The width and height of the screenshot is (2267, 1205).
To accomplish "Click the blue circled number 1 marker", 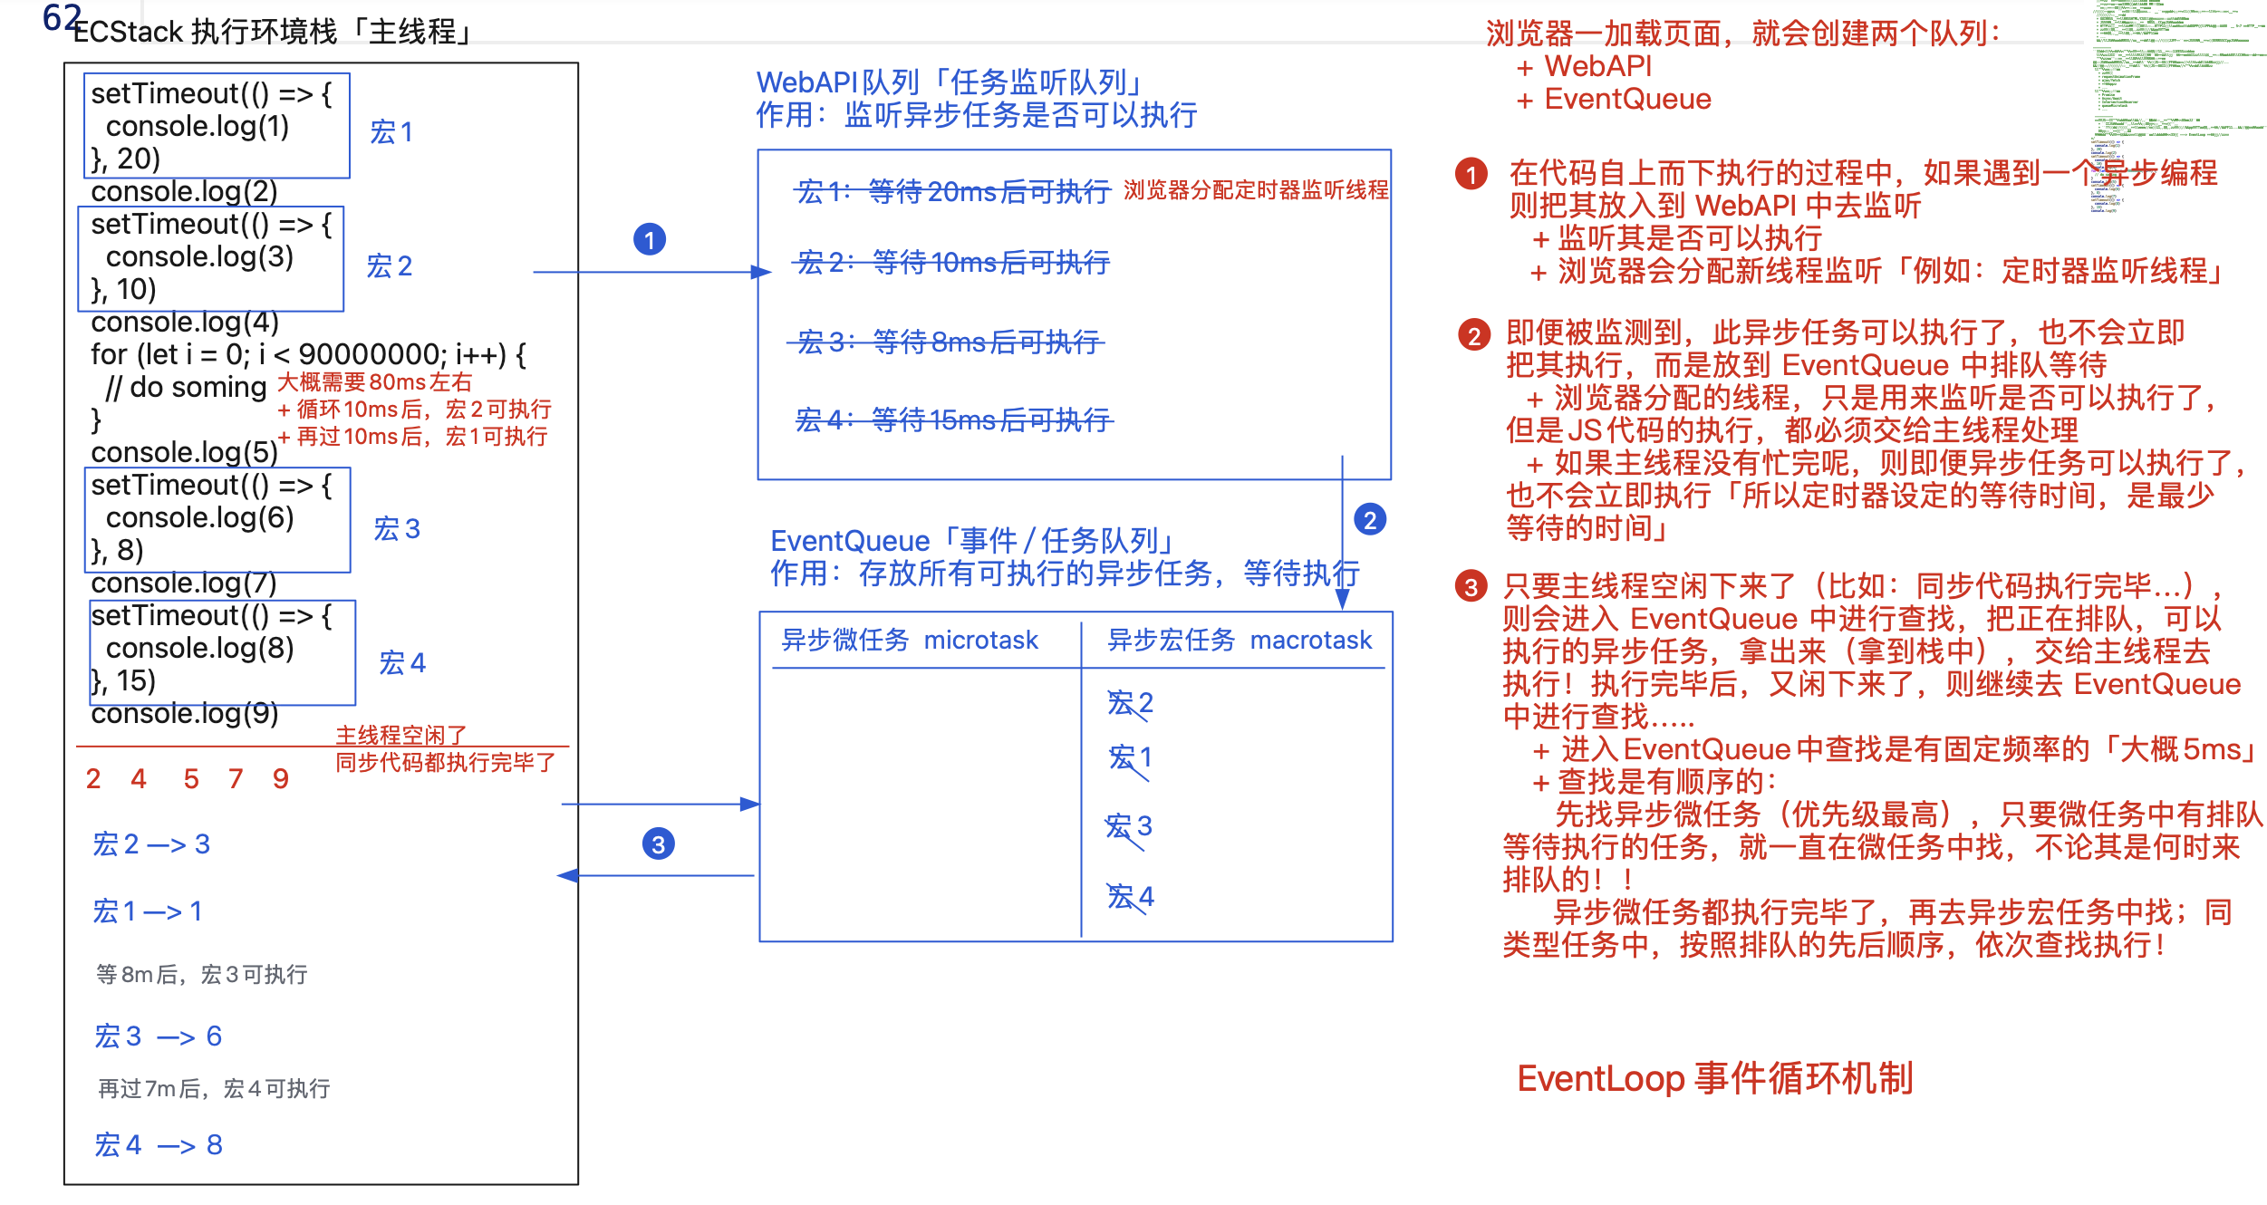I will tap(649, 240).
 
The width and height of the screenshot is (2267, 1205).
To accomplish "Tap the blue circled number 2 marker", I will tap(1369, 520).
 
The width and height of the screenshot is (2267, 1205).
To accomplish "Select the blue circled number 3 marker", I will tap(658, 844).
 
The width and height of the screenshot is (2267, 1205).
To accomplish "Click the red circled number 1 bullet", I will tap(1471, 174).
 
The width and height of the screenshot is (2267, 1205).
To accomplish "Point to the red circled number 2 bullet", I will tap(1474, 336).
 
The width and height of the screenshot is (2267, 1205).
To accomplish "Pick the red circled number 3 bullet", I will tap(1471, 587).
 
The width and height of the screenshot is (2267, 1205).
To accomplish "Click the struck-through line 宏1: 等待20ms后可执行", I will tap(952, 191).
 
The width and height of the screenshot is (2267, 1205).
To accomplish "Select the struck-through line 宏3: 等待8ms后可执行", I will tap(947, 342).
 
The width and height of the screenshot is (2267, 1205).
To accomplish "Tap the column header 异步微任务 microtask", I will tap(909, 641).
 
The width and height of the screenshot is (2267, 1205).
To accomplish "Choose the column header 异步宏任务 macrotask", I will tap(1239, 641).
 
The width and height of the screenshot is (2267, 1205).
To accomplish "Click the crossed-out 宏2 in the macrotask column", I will tap(1129, 703).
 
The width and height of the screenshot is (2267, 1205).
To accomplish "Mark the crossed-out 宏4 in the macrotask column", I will tap(1130, 897).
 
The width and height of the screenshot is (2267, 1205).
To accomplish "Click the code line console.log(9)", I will tap(185, 714).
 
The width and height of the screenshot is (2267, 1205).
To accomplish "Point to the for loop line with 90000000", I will tap(308, 354).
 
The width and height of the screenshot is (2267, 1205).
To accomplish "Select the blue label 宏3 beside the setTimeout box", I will tap(397, 529).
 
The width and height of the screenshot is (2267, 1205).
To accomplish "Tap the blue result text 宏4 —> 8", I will tap(159, 1145).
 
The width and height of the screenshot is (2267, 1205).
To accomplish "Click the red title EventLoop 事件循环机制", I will tap(1714, 1079).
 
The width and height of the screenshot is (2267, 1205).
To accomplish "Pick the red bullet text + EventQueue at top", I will tap(1614, 99).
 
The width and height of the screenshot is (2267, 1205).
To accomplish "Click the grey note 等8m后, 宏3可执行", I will tap(202, 975).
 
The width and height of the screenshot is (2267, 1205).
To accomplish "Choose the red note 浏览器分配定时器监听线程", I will tap(1256, 190).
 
